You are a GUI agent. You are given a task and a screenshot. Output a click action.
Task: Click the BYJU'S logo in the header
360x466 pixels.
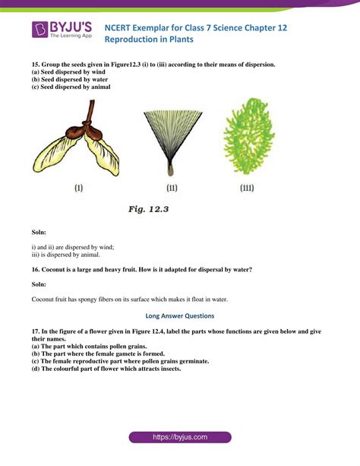62,30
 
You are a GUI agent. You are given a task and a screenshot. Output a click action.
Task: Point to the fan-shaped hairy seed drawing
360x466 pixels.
172,137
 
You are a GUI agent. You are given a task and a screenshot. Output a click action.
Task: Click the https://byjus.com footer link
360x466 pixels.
180,438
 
